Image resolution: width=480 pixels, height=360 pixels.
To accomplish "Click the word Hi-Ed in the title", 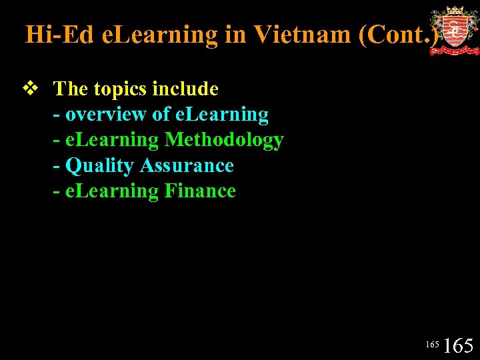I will pyautogui.click(x=59, y=34).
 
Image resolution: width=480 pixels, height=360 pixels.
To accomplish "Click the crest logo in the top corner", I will pyautogui.click(x=454, y=31).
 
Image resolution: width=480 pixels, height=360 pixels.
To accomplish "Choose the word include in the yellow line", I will pyautogui.click(x=185, y=89).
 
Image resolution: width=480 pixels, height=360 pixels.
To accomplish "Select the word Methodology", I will pyautogui.click(x=224, y=140).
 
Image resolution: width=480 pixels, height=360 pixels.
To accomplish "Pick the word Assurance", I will pyautogui.click(x=187, y=165).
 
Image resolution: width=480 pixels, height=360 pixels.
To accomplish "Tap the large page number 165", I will pyautogui.click(x=458, y=345).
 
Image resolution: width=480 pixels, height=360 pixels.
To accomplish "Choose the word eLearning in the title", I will pyautogui.click(x=159, y=34).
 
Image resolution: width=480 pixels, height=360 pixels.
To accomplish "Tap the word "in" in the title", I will pyautogui.click(x=235, y=34).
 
